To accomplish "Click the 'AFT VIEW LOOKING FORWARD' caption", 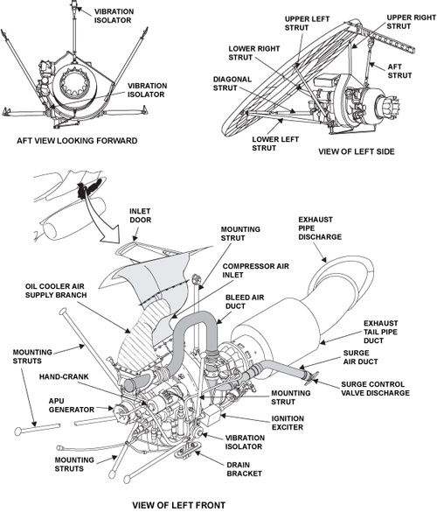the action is (77, 141).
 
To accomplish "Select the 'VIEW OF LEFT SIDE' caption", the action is (357, 151).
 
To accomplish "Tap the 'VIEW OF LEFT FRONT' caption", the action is (178, 505).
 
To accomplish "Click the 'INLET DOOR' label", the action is (141, 215).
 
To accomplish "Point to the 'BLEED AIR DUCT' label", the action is (245, 302).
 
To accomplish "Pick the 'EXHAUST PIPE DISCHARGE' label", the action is (320, 228).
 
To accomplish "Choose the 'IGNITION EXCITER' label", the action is (288, 423).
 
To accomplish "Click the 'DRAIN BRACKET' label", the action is (244, 469).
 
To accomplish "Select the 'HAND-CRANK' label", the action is (64, 377).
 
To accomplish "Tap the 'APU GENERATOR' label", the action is (72, 405).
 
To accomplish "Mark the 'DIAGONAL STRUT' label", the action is (232, 84).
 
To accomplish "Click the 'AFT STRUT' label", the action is (399, 71).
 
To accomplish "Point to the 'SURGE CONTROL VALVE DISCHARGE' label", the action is (375, 389).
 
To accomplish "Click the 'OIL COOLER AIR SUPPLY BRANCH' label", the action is (56, 291).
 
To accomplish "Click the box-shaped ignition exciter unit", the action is (211, 417).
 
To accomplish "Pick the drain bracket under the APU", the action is (187, 450).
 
